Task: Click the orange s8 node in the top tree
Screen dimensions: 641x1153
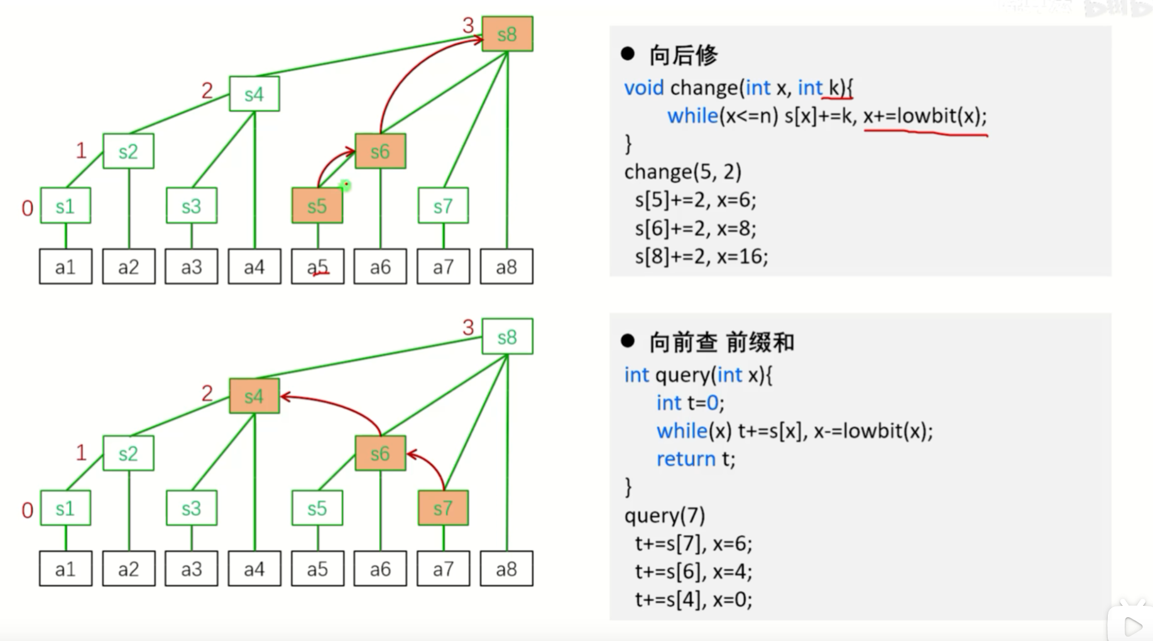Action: (507, 34)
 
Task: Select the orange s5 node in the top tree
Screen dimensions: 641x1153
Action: (317, 205)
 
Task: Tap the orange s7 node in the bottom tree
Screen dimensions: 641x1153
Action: (443, 508)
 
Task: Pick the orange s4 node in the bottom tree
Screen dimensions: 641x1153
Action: (254, 397)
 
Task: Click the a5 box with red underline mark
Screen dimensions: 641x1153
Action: (317, 267)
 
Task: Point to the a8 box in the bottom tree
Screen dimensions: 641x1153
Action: (506, 569)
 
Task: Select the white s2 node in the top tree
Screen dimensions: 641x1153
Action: (128, 151)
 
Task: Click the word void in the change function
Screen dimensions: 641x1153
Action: (643, 88)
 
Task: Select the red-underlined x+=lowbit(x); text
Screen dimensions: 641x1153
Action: (925, 116)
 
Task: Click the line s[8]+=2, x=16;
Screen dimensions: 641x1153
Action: (701, 256)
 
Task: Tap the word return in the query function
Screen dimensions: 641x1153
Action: (686, 459)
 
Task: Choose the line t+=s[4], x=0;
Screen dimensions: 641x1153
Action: (693, 600)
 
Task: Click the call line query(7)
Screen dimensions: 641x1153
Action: (665, 516)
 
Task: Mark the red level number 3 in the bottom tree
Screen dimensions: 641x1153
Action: (468, 327)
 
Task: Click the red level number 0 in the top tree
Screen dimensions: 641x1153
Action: (27, 208)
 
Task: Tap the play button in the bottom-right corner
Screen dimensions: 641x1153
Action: (1132, 626)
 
